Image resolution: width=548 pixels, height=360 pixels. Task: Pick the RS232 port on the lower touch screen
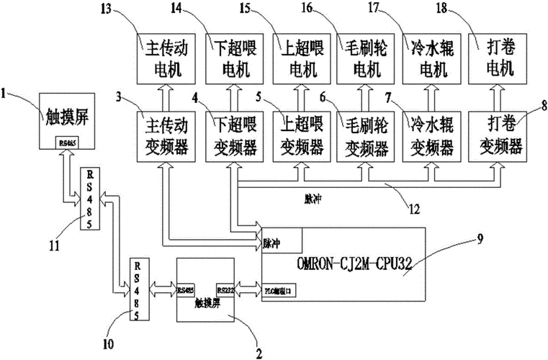click(x=225, y=289)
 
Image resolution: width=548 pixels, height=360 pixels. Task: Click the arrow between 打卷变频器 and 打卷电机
click(x=496, y=94)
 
